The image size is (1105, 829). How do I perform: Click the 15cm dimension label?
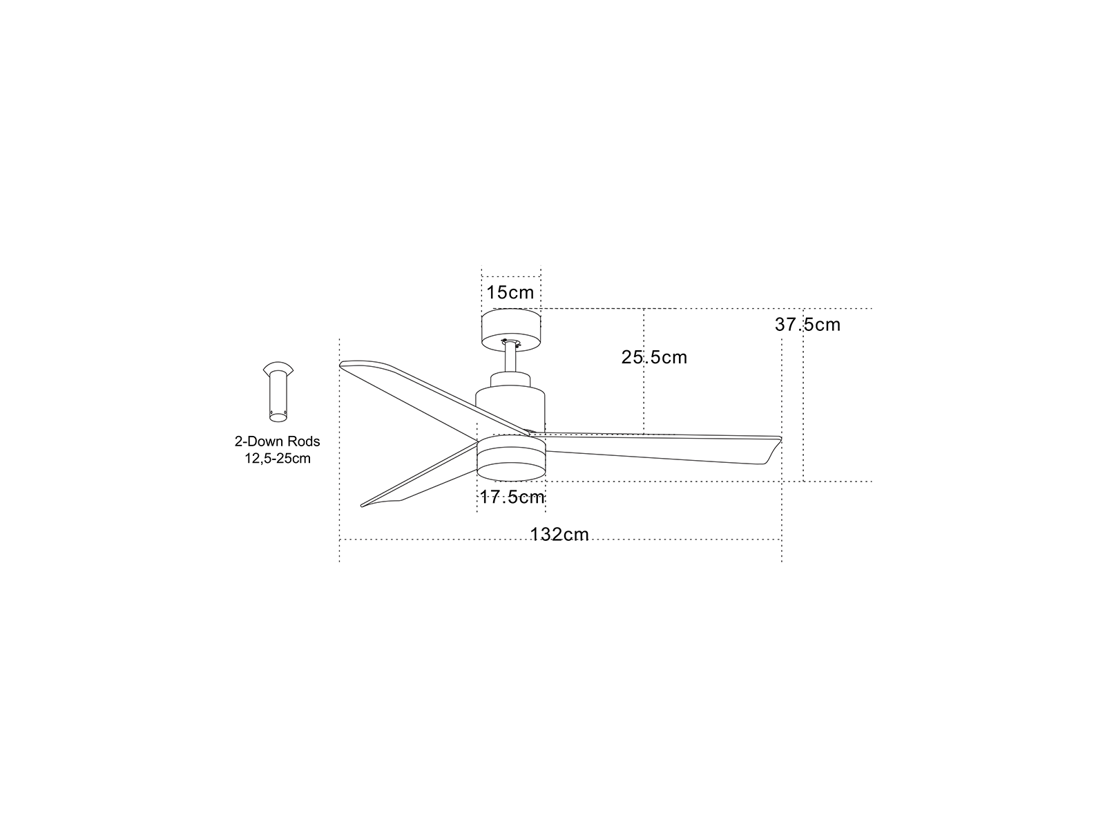click(x=510, y=293)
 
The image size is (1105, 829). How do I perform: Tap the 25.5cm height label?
click(x=654, y=357)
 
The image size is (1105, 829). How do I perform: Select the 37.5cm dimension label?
click(x=807, y=325)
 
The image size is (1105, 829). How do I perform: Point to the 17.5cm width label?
click(x=512, y=497)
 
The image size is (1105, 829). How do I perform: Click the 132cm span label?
click(x=559, y=535)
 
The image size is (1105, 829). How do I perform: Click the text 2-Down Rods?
click(x=278, y=441)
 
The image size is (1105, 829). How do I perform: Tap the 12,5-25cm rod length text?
click(x=278, y=459)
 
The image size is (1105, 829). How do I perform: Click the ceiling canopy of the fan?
click(x=511, y=330)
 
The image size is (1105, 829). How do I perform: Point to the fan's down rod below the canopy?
click(x=511, y=359)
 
